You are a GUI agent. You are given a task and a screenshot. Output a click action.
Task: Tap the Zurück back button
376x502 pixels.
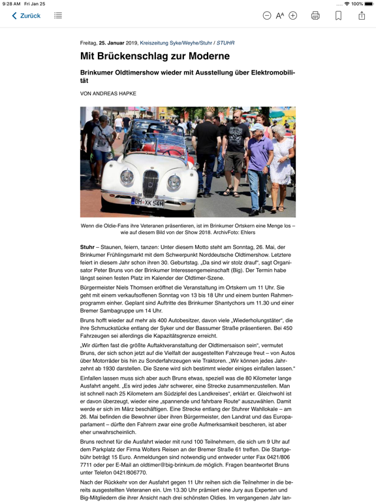click(x=26, y=16)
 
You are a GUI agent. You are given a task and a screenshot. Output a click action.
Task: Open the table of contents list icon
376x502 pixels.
click(x=58, y=16)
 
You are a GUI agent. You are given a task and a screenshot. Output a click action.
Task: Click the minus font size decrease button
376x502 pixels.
click(x=267, y=16)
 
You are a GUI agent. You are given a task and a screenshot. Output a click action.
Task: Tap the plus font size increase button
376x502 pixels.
click(x=293, y=16)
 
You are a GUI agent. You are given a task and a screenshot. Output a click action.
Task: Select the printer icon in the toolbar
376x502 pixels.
click(x=315, y=16)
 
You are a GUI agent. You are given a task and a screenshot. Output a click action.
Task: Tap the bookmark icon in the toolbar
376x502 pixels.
click(x=338, y=16)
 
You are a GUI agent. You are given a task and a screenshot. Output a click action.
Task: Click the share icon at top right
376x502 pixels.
click(x=362, y=15)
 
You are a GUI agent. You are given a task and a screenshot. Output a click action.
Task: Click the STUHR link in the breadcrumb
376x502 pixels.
click(x=225, y=43)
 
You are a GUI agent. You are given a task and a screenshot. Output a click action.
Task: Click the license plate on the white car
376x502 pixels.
click(x=148, y=203)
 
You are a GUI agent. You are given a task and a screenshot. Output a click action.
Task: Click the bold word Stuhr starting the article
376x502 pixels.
click(x=87, y=247)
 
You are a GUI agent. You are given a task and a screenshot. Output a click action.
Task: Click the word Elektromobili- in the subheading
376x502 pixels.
click(x=264, y=73)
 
